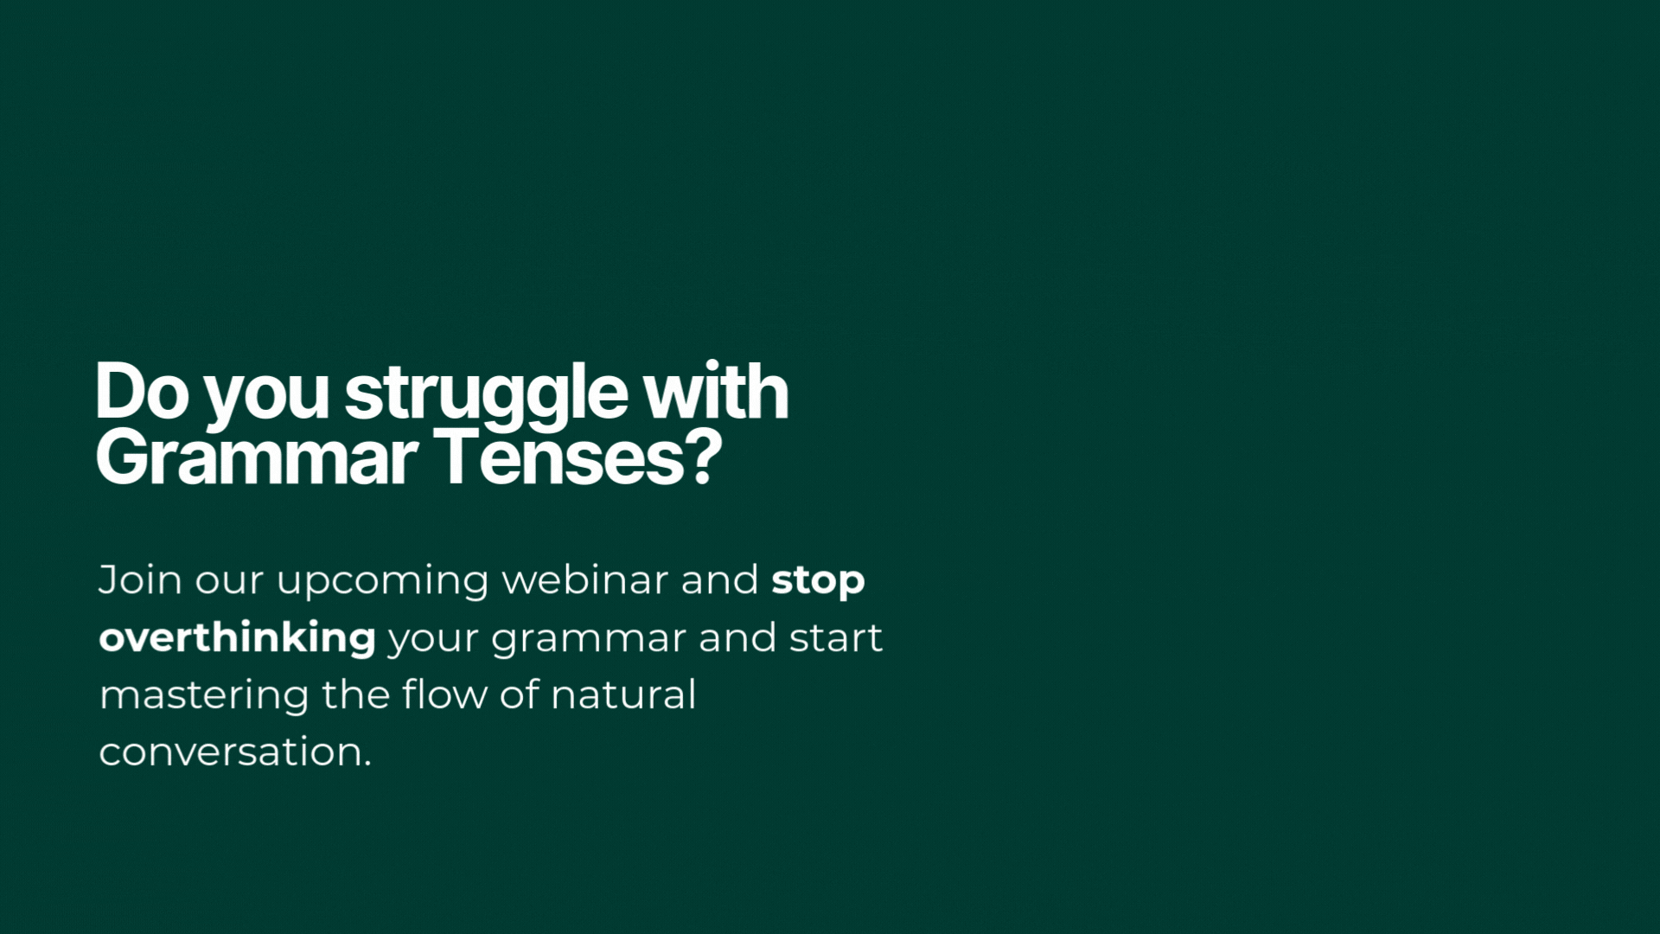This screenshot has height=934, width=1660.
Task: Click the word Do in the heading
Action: click(x=143, y=392)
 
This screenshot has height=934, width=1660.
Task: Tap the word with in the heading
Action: click(x=716, y=391)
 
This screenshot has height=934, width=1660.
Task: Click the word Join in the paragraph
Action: click(x=139, y=579)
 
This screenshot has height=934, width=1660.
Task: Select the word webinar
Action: click(x=585, y=579)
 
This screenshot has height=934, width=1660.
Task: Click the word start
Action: click(x=835, y=638)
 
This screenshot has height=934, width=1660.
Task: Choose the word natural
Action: click(x=623, y=694)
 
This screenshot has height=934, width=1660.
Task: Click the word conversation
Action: click(x=230, y=752)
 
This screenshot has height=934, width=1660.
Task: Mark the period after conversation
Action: click(x=367, y=764)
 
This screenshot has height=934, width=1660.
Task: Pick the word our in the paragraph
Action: click(x=229, y=583)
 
